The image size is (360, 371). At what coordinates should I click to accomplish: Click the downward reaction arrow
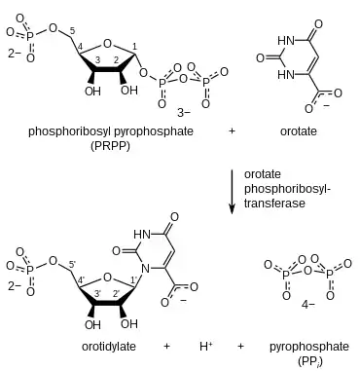tap(232, 192)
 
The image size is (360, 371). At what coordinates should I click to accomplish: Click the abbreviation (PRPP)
tap(110, 146)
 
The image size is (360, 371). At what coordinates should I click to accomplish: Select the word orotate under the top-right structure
tap(299, 131)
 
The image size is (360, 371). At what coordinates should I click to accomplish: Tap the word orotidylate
tap(109, 347)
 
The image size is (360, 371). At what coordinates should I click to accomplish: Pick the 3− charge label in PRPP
tap(184, 113)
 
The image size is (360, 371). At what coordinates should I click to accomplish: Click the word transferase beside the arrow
tap(274, 204)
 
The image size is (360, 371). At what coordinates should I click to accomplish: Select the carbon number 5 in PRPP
tap(72, 31)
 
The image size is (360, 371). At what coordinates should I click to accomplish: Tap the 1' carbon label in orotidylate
tap(134, 278)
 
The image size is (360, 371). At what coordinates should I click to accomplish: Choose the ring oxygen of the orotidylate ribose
tap(107, 278)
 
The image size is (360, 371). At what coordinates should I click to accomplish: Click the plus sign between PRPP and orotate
tap(232, 131)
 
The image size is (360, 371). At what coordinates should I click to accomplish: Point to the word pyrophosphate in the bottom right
tap(309, 347)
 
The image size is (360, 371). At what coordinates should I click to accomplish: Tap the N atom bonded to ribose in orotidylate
tap(146, 269)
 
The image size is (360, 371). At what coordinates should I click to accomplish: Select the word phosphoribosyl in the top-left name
tap(70, 131)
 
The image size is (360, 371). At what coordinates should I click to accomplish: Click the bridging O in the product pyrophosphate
tap(308, 271)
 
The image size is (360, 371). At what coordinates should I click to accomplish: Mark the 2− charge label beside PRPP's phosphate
tap(15, 53)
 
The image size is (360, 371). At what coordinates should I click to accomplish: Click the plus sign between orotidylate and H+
tap(166, 347)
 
